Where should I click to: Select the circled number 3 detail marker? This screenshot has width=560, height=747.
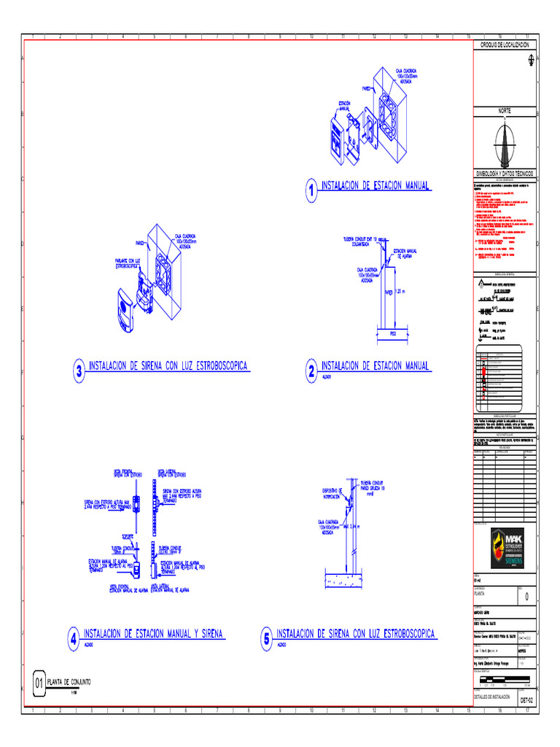79,371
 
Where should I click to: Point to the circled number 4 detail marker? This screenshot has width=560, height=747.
73,640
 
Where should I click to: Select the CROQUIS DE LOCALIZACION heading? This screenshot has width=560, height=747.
505,45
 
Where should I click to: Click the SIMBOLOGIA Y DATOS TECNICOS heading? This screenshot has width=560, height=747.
505,174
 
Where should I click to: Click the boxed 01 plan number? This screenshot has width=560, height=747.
39,684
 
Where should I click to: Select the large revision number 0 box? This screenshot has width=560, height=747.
526,597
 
